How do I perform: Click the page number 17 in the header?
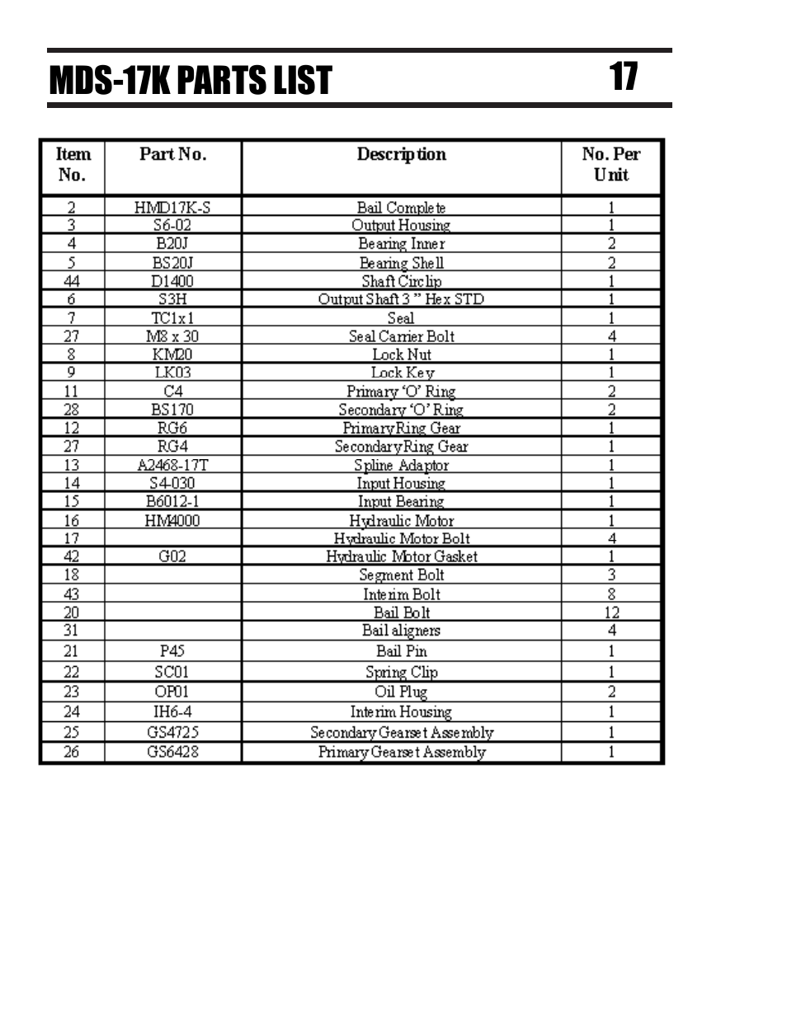click(624, 77)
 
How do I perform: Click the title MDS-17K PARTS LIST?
click(190, 81)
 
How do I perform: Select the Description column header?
click(401, 154)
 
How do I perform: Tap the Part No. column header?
click(172, 154)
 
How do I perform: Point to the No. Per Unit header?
click(610, 164)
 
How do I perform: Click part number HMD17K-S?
click(172, 207)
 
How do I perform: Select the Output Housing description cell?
click(401, 225)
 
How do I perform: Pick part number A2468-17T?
click(172, 465)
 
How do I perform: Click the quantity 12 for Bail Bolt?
click(611, 612)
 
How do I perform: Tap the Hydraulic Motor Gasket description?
click(401, 556)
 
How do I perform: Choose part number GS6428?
click(172, 752)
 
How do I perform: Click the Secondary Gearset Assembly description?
click(401, 732)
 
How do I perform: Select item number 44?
click(72, 281)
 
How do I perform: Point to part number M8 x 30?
click(172, 336)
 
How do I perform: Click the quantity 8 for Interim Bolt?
click(611, 594)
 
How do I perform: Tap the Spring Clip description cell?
click(401, 673)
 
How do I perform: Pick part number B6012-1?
click(172, 501)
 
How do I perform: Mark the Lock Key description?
click(401, 373)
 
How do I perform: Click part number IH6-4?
click(172, 712)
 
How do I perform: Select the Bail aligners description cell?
click(401, 631)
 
